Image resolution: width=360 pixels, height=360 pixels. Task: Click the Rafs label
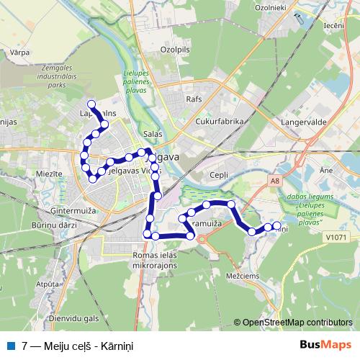coord(194,99)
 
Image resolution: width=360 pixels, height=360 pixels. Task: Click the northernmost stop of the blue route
coord(91,105)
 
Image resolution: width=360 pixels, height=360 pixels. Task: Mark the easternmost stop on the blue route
coord(276,225)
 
